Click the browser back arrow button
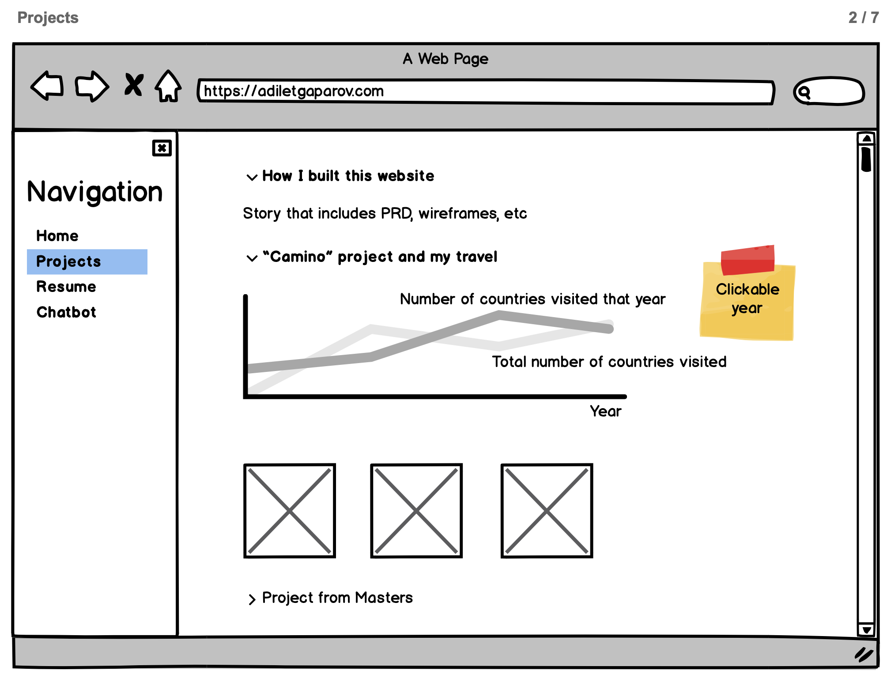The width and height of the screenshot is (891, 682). click(x=47, y=86)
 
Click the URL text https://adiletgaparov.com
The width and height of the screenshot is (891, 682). click(x=294, y=91)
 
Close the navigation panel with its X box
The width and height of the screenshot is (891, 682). click(x=162, y=148)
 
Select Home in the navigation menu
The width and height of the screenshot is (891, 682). click(x=57, y=236)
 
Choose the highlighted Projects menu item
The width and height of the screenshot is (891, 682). click(x=87, y=261)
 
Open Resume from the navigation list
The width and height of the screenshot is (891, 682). click(x=66, y=287)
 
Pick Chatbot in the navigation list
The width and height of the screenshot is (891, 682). click(x=66, y=312)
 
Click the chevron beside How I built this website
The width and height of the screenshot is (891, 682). click(x=252, y=177)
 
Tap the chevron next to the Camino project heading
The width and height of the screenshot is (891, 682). click(x=252, y=258)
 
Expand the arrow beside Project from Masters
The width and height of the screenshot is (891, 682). click(x=252, y=599)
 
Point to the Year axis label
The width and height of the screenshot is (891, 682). click(x=605, y=411)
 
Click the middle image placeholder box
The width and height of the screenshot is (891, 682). click(x=416, y=511)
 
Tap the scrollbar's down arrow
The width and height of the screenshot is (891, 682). click(x=866, y=630)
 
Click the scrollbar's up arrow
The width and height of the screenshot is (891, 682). click(x=866, y=139)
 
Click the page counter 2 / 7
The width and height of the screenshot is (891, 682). click(x=863, y=18)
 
